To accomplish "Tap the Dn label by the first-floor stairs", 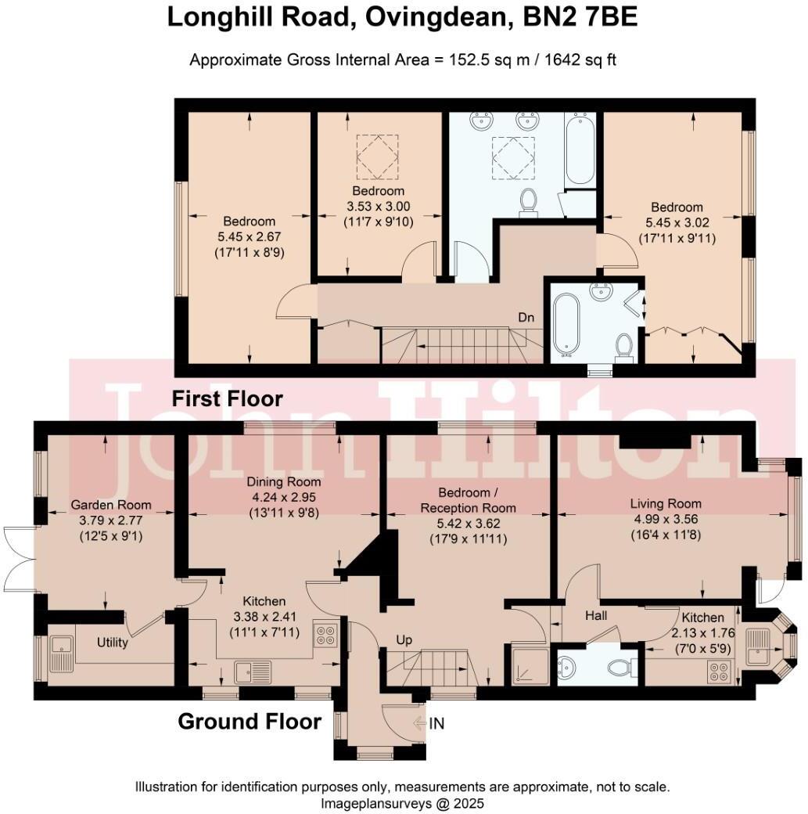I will pyautogui.click(x=526, y=319).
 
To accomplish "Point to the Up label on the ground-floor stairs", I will pyautogui.click(x=404, y=639).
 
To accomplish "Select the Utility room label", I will pyautogui.click(x=112, y=643).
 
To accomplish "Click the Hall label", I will pyautogui.click(x=597, y=616).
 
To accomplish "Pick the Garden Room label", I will pyautogui.click(x=111, y=505).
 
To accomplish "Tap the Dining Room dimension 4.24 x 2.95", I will pyautogui.click(x=284, y=496).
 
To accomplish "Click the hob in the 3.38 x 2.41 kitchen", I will pyautogui.click(x=325, y=634).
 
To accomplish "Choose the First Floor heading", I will pyautogui.click(x=227, y=398).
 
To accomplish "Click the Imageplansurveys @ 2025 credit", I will pyautogui.click(x=403, y=803).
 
